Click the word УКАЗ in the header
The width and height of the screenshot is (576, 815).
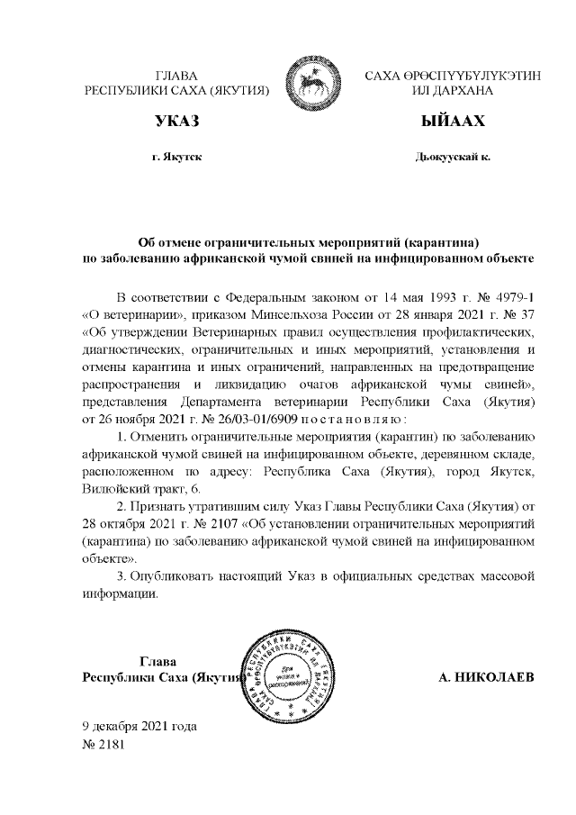(176, 120)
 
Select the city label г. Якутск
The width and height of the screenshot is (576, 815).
(176, 157)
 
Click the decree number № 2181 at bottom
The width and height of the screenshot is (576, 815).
(102, 745)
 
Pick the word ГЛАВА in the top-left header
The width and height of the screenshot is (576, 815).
(176, 76)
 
